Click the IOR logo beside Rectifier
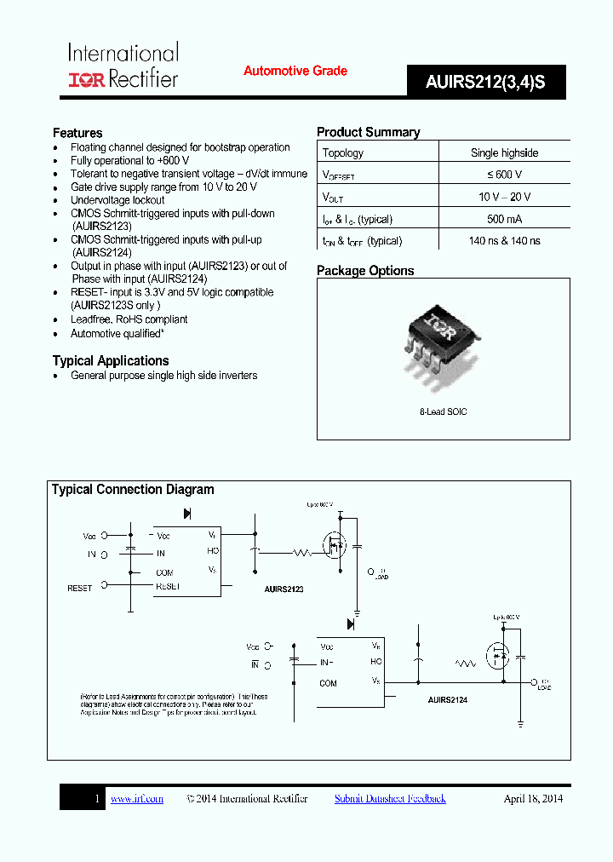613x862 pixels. point(85,79)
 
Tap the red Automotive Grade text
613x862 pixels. point(295,71)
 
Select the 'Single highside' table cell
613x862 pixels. point(504,152)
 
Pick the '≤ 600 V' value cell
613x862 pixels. point(504,175)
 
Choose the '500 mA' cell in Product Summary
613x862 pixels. point(504,219)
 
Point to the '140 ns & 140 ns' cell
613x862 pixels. point(504,241)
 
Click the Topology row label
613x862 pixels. point(343,152)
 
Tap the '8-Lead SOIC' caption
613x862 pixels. point(443,411)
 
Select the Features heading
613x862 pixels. point(77,133)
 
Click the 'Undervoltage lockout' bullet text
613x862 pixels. point(117,200)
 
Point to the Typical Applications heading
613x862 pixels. point(111,360)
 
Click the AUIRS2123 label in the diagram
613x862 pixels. point(284,589)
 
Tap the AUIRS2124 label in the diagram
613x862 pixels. point(447,699)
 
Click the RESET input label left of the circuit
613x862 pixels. point(79,588)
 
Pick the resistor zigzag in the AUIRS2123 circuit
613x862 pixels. point(302,553)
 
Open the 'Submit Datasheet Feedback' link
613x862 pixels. point(390,798)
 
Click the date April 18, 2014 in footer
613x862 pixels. point(533,798)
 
